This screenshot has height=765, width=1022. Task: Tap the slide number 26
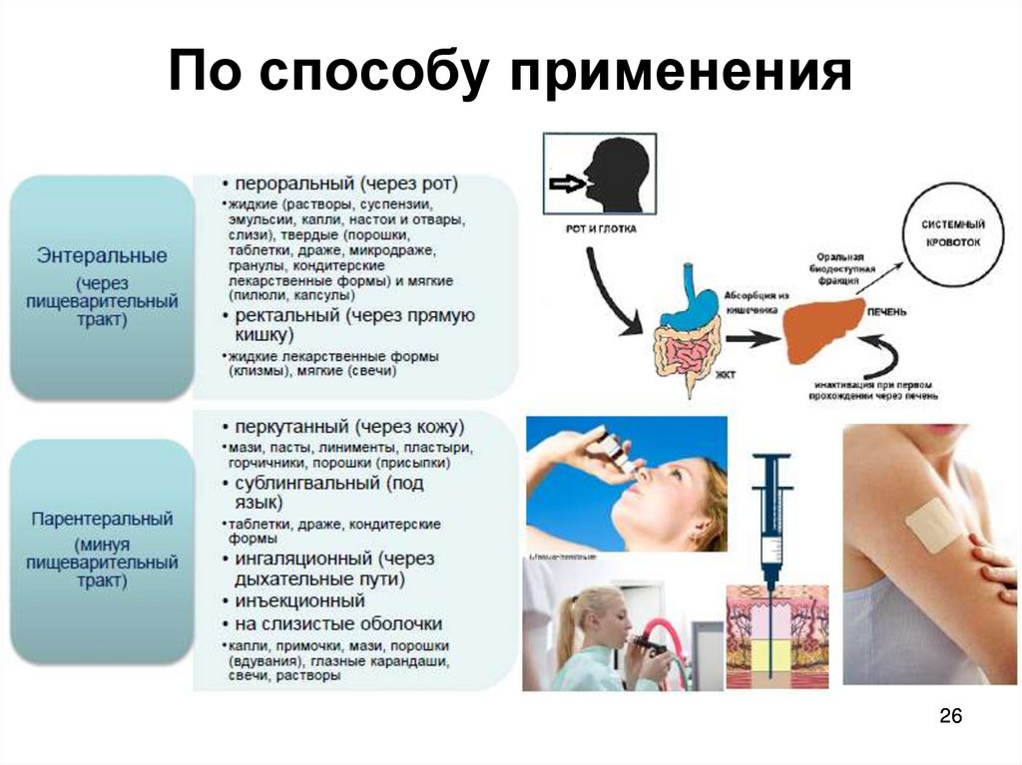[x=950, y=718]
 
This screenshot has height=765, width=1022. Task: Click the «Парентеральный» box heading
[x=102, y=520]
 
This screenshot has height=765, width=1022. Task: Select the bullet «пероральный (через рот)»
[x=339, y=185]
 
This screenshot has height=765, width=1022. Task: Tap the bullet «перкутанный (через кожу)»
[x=342, y=427]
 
